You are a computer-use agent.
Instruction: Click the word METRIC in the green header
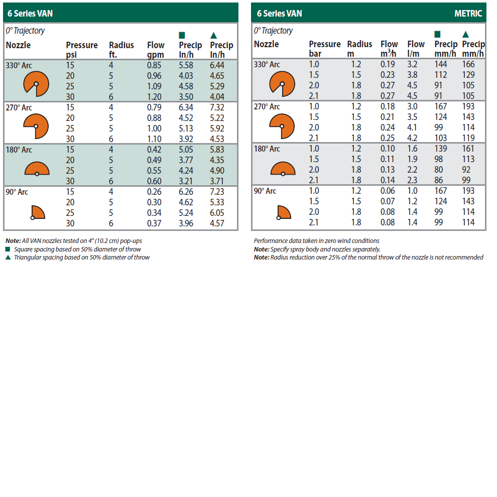point(468,14)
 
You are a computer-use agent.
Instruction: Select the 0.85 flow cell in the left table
point(154,65)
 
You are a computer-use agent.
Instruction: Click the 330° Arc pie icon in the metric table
point(282,83)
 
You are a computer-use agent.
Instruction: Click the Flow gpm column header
point(156,50)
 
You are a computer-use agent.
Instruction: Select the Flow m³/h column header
point(389,49)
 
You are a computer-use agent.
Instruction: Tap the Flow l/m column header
point(416,49)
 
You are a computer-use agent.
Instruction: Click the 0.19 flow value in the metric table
point(388,64)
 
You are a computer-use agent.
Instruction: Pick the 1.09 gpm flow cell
point(154,86)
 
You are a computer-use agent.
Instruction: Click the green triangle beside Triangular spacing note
point(8,258)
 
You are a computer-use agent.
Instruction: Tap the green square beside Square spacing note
point(8,250)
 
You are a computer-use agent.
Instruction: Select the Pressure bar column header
point(324,49)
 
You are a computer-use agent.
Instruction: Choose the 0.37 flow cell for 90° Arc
point(154,223)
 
